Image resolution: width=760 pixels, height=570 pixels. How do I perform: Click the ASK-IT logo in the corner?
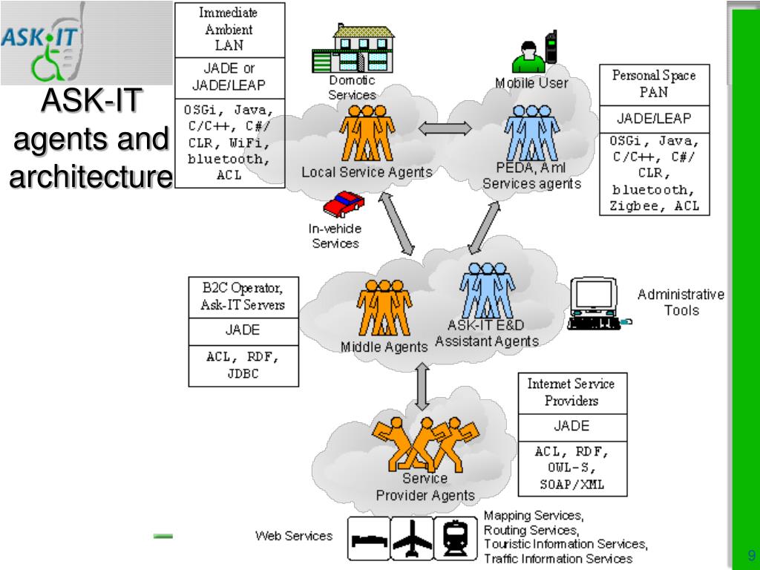coord(43,42)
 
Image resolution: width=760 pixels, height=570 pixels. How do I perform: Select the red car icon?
coord(344,203)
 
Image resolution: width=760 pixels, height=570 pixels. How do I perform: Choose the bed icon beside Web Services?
coord(369,539)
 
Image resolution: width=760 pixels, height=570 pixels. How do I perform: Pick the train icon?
coord(455,539)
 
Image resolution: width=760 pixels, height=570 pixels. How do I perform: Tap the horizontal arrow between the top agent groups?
coord(445,128)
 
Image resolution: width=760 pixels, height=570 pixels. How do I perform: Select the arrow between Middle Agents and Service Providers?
coord(422,386)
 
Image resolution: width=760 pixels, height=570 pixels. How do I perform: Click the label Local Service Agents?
coord(367,172)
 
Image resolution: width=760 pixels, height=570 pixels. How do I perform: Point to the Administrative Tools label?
coord(681,302)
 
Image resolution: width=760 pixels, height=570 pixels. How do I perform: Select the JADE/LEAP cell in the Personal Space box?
coord(653,119)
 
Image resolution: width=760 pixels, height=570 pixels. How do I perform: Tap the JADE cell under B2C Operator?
coord(242,331)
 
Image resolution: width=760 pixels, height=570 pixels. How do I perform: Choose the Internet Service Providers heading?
coord(571,393)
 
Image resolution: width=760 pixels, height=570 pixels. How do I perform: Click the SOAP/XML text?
coord(571,484)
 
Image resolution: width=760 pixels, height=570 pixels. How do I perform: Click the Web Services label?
coord(294,536)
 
